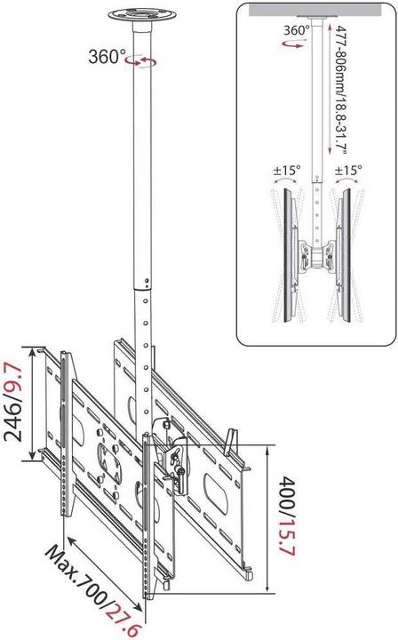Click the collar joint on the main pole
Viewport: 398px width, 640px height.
140,286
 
